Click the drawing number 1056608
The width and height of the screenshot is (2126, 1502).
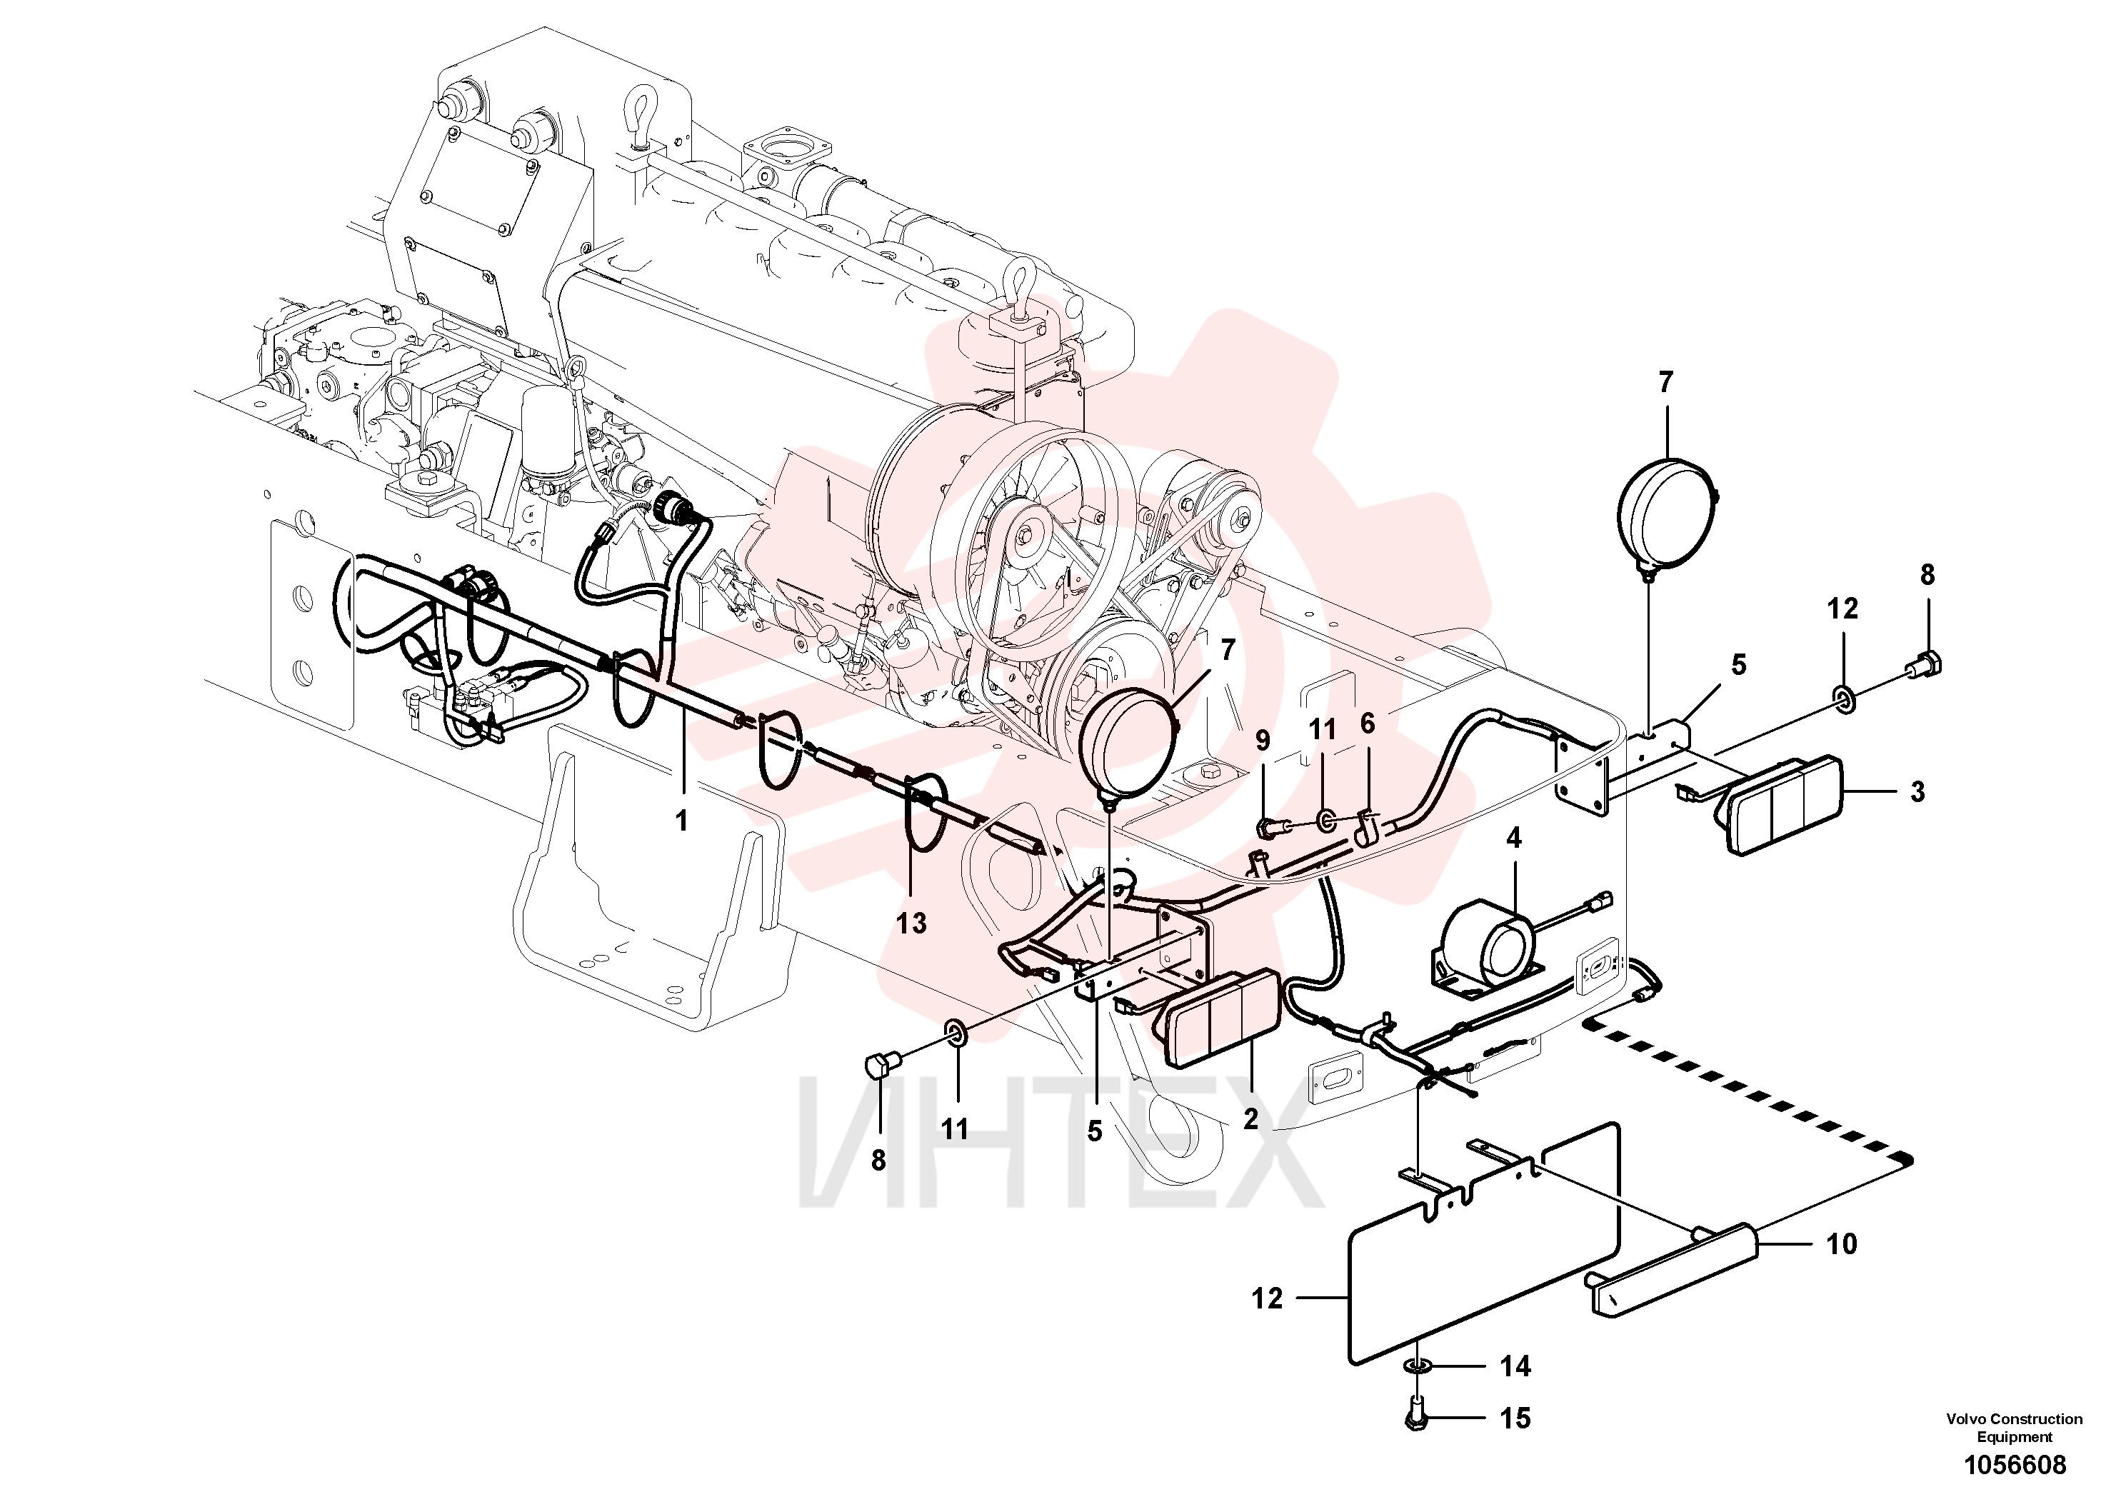coord(2014,1465)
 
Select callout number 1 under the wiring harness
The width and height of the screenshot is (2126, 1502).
coord(681,821)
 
